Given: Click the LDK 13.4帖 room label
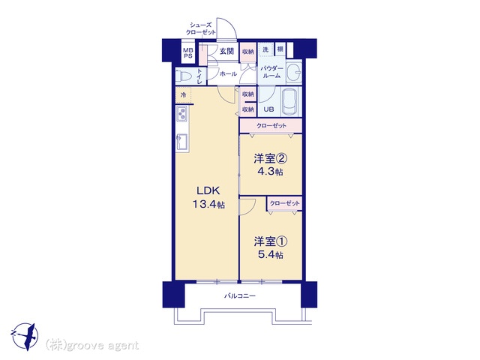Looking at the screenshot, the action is [x=208, y=197].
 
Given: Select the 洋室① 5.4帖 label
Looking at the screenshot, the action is [x=270, y=248].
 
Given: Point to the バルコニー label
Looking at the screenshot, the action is [x=240, y=296].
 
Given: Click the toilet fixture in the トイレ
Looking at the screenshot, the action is [x=184, y=76].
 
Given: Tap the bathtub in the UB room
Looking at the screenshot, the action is [x=290, y=102].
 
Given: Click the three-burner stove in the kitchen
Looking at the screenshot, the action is [x=181, y=113].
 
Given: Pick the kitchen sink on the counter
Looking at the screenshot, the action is [x=181, y=142].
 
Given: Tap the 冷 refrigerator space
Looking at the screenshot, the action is [x=183, y=95].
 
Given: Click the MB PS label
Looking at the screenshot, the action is [x=188, y=53].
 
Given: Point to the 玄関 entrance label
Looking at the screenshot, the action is [x=226, y=51].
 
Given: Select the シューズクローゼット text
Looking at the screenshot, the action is [x=201, y=28].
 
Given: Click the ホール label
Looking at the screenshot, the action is [x=228, y=73].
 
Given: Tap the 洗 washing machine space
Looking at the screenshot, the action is [x=265, y=49].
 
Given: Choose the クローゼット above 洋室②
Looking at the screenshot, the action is [x=271, y=126].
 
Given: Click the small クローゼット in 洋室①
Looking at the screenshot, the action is [x=285, y=203].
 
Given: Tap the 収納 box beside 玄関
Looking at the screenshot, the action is [x=248, y=52].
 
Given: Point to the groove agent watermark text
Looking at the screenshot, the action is [x=92, y=346].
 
